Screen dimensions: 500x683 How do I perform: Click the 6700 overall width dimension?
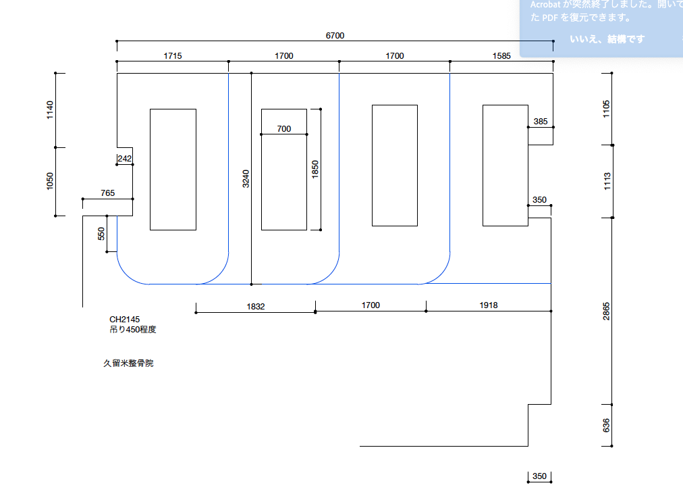coord(335,35)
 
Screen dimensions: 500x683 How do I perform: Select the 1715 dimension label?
coord(173,56)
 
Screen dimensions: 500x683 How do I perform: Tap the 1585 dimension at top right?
coord(501,56)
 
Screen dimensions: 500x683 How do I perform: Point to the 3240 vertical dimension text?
coord(246,178)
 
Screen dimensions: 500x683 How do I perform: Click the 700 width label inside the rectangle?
coord(284,128)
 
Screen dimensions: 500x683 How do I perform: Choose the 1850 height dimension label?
coord(315,169)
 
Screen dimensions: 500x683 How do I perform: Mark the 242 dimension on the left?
coord(125,159)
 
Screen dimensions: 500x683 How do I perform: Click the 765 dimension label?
coord(107,193)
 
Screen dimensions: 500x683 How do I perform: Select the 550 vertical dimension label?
coord(101,234)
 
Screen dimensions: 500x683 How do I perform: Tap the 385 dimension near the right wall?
coord(541,122)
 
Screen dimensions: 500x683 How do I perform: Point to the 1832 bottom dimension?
coord(256,306)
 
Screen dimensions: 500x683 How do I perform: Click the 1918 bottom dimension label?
coord(489,305)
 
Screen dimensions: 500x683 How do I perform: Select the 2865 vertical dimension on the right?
coord(606,311)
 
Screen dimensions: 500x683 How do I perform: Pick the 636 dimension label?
coord(606,425)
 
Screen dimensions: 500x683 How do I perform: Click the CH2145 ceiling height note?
coord(125,319)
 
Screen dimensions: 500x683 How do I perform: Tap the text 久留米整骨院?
coord(128,364)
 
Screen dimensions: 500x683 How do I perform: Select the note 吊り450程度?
coord(133,330)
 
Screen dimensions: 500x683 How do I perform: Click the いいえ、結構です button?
coord(607,39)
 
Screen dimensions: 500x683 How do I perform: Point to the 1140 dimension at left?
coord(49,110)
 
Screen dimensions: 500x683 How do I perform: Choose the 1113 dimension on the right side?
coord(606,181)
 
